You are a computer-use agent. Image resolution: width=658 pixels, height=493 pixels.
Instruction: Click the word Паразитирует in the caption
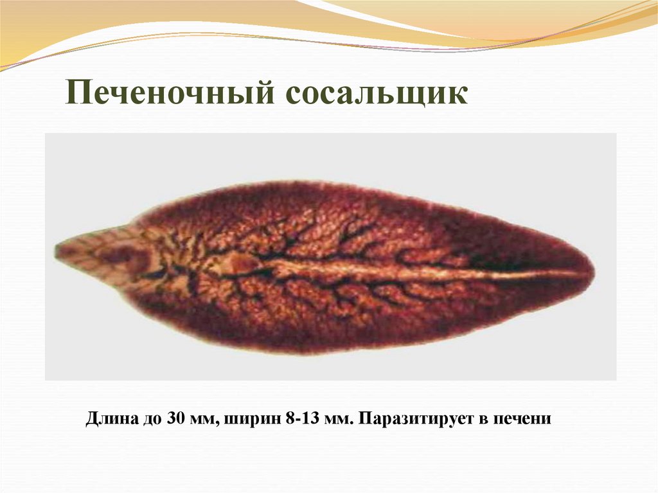click(x=411, y=420)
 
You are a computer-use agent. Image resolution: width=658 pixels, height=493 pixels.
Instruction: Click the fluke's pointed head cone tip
click(x=59, y=249)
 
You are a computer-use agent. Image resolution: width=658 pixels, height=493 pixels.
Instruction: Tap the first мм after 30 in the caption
click(x=204, y=420)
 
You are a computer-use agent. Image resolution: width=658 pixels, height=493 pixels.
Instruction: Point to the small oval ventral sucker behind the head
click(x=242, y=262)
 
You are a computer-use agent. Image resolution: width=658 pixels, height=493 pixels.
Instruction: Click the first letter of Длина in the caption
click(x=91, y=420)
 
